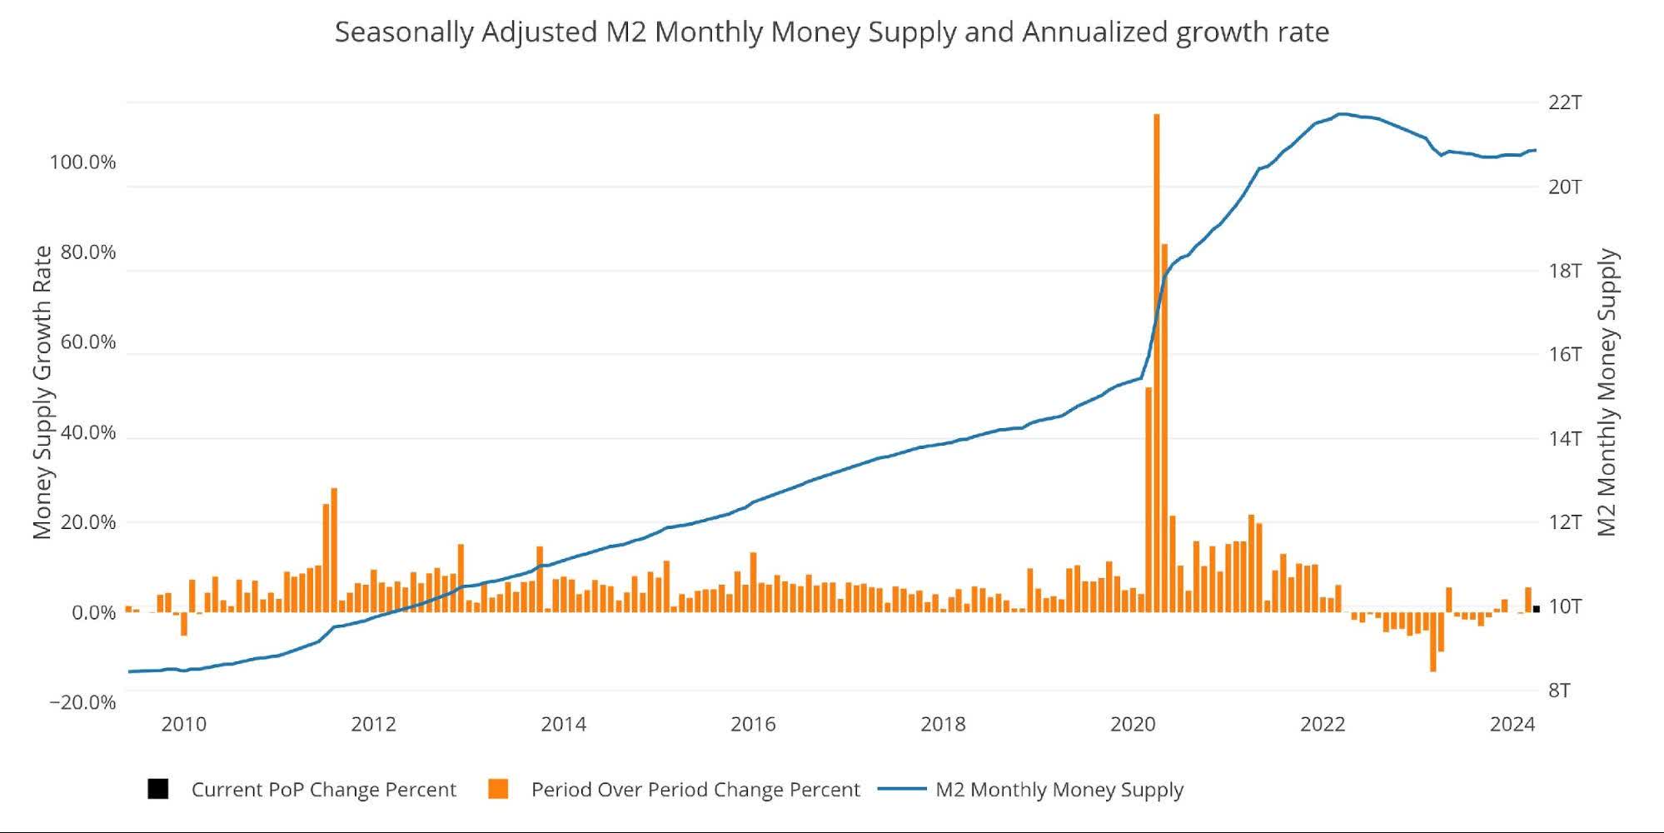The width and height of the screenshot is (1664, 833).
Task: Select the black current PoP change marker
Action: click(x=1536, y=609)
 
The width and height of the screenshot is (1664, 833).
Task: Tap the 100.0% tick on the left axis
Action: click(x=82, y=162)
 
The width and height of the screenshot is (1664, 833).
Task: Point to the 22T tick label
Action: click(x=1564, y=102)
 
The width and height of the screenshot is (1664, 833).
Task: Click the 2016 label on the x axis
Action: click(x=753, y=724)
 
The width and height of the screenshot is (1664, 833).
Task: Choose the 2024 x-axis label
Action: click(x=1512, y=724)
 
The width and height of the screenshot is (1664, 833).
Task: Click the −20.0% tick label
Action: click(x=82, y=702)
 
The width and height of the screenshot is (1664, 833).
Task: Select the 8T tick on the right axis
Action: click(x=1559, y=691)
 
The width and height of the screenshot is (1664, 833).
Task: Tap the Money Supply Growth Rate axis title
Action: click(x=42, y=392)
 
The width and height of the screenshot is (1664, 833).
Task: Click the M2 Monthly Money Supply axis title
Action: click(x=1607, y=392)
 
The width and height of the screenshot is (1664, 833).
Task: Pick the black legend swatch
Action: click(x=158, y=789)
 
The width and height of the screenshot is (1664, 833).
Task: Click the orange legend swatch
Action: click(x=498, y=789)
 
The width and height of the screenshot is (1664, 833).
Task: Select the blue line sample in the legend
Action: click(x=902, y=789)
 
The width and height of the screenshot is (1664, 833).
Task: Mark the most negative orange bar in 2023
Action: click(x=1432, y=641)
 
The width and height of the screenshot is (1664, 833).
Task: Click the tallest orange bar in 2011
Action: click(x=334, y=550)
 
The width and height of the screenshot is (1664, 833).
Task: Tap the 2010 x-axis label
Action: click(x=183, y=724)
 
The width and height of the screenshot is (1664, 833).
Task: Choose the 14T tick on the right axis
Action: click(x=1564, y=438)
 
